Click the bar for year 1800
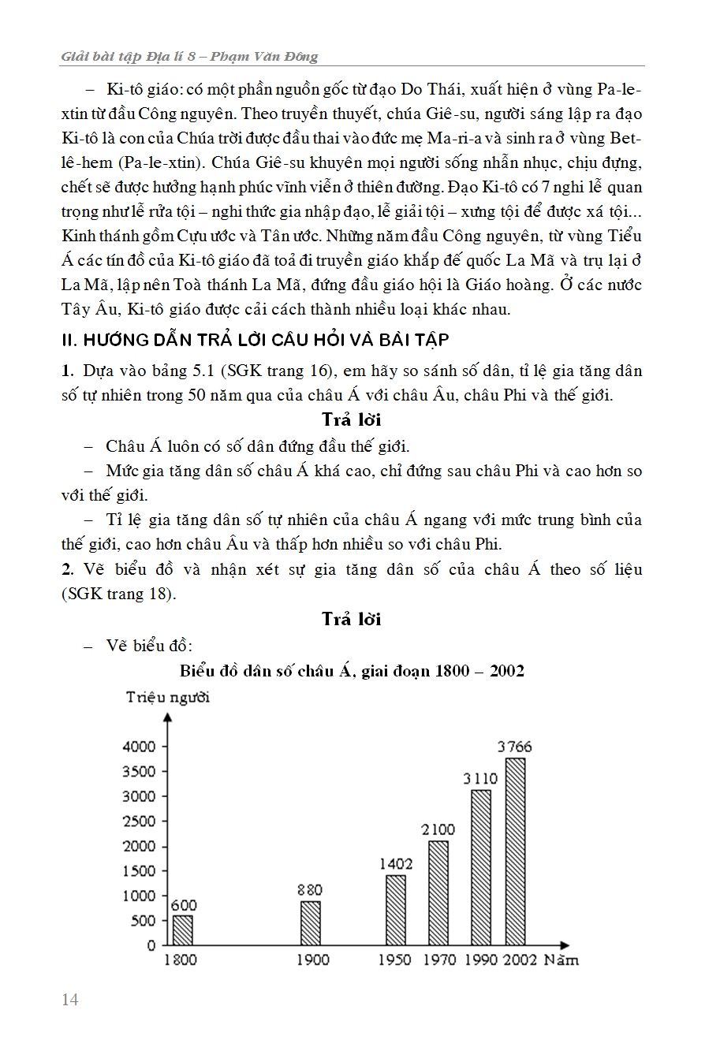pos(182,930)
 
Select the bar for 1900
pos(311,922)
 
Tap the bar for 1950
pos(396,909)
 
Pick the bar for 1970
pos(438,892)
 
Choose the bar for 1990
pos(481,866)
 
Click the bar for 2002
pos(515,851)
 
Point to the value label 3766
pos(515,747)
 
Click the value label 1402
pos(396,864)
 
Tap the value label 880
pos(310,890)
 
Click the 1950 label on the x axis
pos(394,960)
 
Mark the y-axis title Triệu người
pos(167,697)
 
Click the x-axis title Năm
pos(561,960)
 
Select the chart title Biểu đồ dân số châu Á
pos(352,671)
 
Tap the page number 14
pos(70,1000)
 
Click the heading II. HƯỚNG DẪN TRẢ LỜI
pos(255,340)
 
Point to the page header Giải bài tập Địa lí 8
pos(189,57)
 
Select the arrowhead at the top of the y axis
pos(167,717)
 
